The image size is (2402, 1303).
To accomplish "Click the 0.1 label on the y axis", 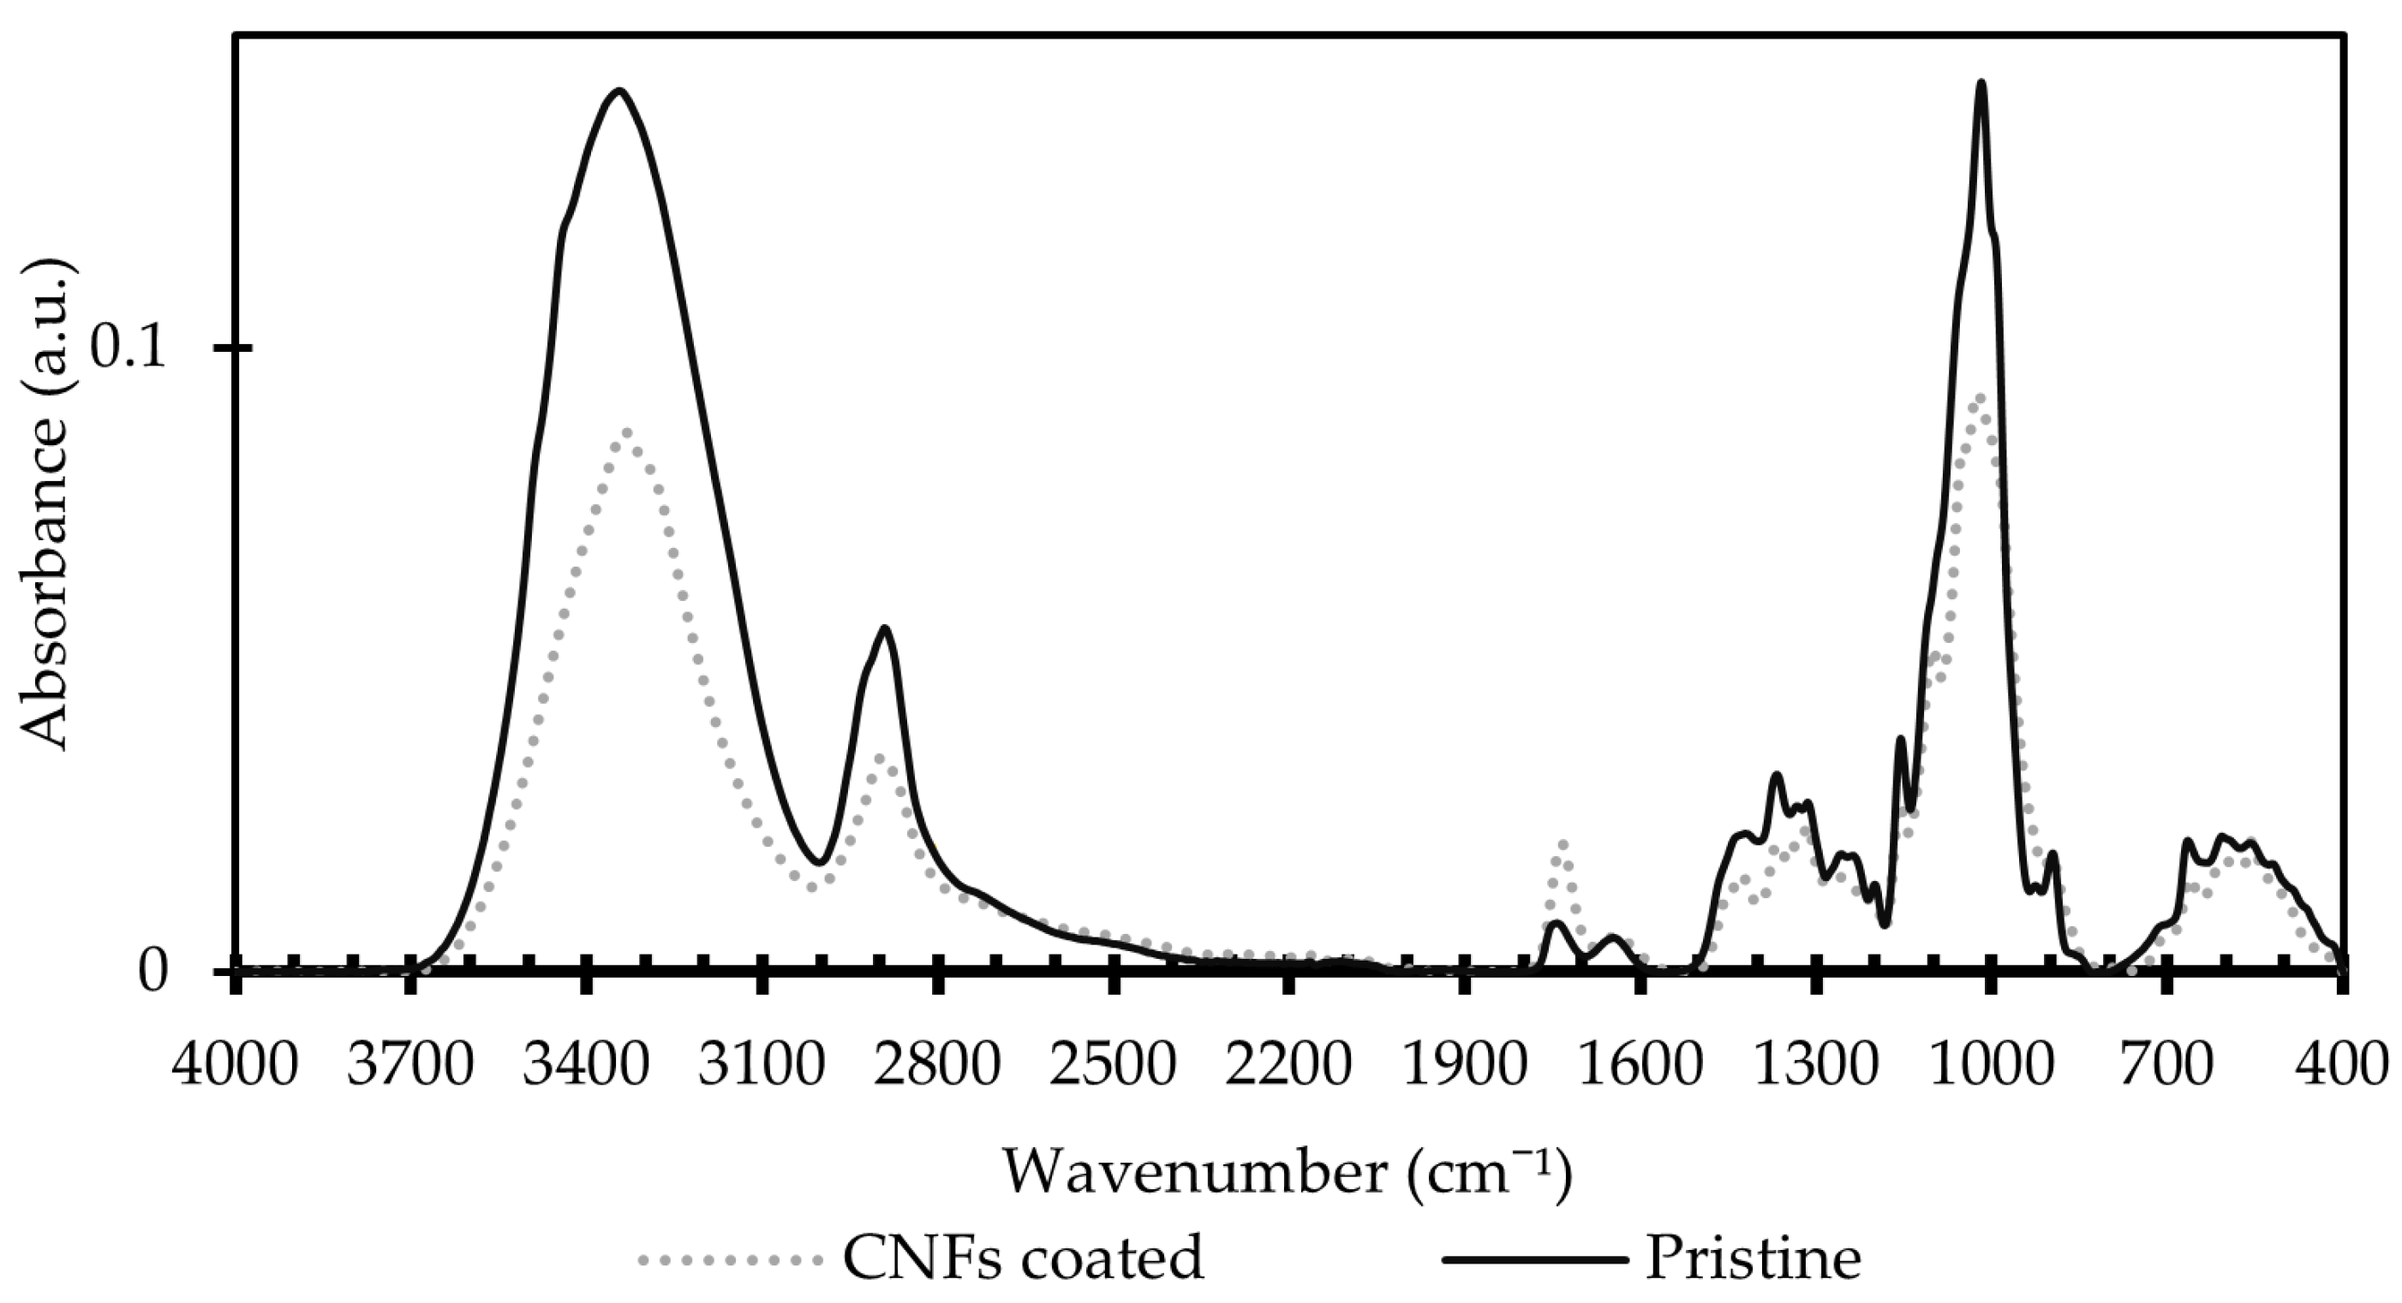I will tap(127, 348).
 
